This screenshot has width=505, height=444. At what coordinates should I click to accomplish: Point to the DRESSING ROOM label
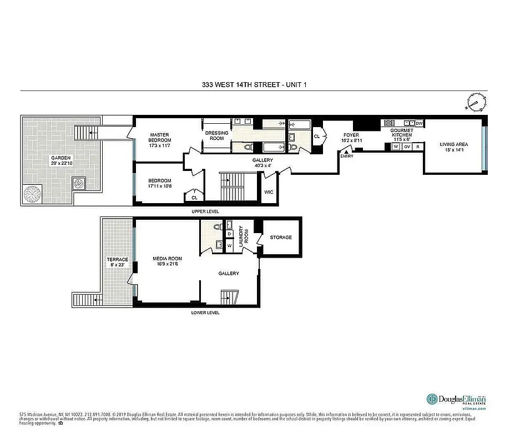click(x=216, y=135)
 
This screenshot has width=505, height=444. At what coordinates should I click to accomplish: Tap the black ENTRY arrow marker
click(x=346, y=151)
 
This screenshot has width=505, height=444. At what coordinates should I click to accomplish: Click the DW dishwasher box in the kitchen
click(x=419, y=123)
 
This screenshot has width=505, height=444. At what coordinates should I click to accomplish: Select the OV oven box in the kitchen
click(x=407, y=147)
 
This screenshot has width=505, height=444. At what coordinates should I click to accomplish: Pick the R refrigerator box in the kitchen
click(x=417, y=147)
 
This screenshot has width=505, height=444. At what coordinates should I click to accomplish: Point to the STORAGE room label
click(x=281, y=238)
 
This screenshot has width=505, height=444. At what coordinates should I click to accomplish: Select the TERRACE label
click(x=117, y=262)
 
